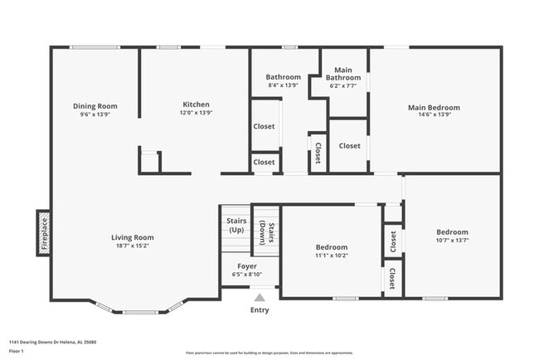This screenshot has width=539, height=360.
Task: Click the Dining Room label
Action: tap(95, 105)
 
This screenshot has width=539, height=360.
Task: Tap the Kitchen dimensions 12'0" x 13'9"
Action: tap(197, 114)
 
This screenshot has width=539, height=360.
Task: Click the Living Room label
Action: tap(133, 237)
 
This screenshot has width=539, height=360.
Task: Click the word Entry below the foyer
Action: tap(260, 310)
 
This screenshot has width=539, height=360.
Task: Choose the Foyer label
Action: tap(246, 266)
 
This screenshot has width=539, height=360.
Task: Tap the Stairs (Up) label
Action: tap(235, 225)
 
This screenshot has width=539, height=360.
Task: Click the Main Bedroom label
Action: tap(433, 107)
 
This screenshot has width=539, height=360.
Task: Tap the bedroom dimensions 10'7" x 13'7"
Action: tap(453, 241)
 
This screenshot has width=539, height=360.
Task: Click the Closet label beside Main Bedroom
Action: tap(349, 146)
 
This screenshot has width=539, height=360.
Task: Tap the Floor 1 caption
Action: tap(17, 350)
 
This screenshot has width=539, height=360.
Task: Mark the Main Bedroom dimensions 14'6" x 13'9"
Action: tap(433, 115)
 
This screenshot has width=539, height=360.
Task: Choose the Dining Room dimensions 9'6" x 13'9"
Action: tap(95, 114)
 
